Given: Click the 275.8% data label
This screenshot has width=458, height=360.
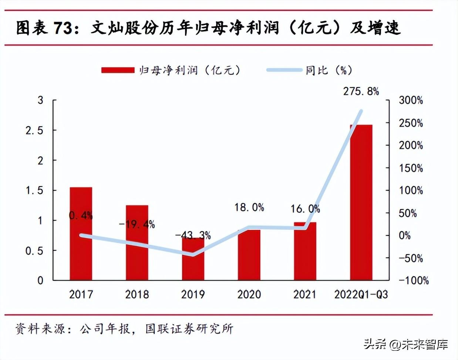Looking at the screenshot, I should (361, 91).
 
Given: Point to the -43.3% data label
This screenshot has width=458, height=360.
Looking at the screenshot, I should (193, 235).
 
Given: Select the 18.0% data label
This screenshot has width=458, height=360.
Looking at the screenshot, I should (249, 207).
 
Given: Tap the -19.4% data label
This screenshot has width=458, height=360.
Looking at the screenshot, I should (137, 224).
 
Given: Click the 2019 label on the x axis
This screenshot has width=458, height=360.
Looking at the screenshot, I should (193, 294).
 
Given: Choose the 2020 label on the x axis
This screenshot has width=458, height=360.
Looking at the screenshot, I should (249, 294).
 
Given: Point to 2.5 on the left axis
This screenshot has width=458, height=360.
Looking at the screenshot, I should (34, 130).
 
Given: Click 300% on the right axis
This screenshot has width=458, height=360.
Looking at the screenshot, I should (411, 100).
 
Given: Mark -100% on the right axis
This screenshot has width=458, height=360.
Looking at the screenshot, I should (414, 281).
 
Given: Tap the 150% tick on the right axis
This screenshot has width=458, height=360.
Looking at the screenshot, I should (411, 168).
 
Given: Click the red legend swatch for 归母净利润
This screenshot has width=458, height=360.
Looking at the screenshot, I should (118, 70).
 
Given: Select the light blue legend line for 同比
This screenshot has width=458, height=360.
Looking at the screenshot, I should (284, 70).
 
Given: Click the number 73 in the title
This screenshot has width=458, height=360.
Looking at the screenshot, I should (63, 28).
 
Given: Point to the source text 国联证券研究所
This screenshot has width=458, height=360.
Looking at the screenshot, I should (189, 329).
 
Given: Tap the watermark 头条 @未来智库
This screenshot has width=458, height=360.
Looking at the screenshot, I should (406, 344).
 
